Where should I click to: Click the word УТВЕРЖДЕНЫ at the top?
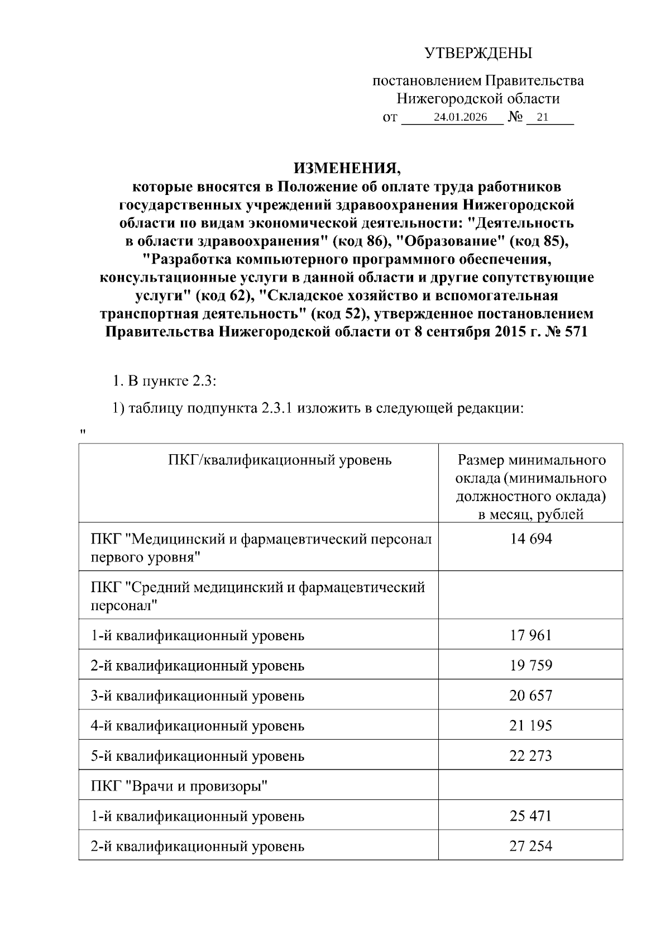coord(478,54)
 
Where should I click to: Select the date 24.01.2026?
coord(460,117)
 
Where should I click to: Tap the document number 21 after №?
coord(542,117)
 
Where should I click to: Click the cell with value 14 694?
coord(530,539)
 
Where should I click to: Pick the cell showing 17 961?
coord(530,635)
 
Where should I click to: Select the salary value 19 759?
coord(530,665)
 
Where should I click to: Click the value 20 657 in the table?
coord(530,695)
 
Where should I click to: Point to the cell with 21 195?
coord(530,726)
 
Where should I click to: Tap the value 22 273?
coord(530,756)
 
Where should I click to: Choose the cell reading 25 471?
coord(530,816)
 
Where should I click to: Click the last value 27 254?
coord(530,846)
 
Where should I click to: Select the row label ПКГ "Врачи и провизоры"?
coord(180,786)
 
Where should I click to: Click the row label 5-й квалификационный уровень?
coord(198,756)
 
